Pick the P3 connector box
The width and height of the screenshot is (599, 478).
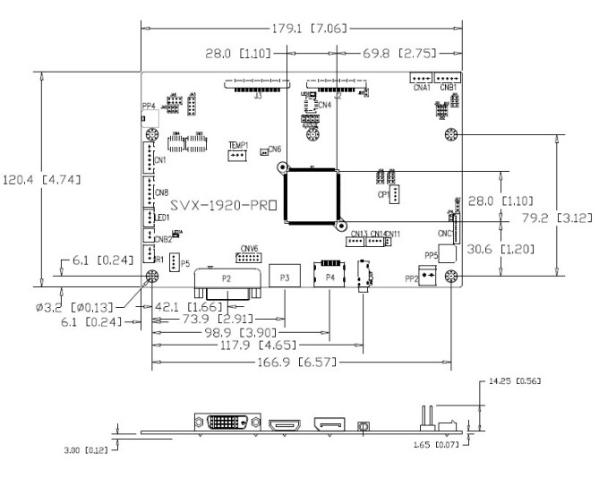tap(285, 278)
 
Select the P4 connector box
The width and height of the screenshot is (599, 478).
tap(329, 278)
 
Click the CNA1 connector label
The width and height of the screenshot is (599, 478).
tap(421, 88)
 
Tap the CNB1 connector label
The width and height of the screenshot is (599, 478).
tap(449, 88)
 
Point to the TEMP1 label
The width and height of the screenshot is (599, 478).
tap(237, 145)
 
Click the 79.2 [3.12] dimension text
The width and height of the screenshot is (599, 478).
tap(553, 218)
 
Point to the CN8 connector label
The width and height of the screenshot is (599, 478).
tap(161, 192)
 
